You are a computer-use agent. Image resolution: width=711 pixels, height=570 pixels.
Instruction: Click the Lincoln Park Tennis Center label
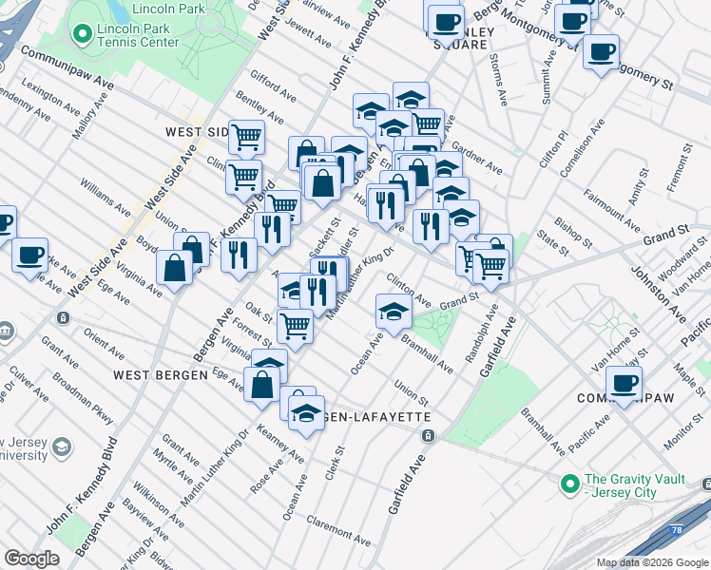(139, 36)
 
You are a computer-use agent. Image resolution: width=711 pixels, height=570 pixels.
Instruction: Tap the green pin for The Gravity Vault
(569, 484)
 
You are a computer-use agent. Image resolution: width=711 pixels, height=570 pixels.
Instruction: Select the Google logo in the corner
(31, 559)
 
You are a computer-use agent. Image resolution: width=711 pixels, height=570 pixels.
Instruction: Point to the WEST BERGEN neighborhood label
(160, 375)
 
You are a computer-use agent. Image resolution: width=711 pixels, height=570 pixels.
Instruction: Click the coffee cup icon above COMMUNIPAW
(624, 384)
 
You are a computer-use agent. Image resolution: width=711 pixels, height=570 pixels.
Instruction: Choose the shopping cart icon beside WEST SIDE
(247, 137)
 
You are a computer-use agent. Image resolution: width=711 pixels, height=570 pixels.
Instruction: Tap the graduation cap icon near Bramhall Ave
(393, 310)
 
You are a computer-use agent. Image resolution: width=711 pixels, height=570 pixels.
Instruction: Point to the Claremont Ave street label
(338, 530)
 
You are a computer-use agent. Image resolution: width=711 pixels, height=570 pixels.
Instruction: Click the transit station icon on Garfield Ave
(428, 435)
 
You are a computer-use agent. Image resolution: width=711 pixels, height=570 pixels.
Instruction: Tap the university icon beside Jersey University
(62, 446)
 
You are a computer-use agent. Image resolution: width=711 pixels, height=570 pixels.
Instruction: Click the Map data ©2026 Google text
(652, 562)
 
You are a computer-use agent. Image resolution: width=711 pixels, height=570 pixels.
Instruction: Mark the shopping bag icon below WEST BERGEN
(261, 386)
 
